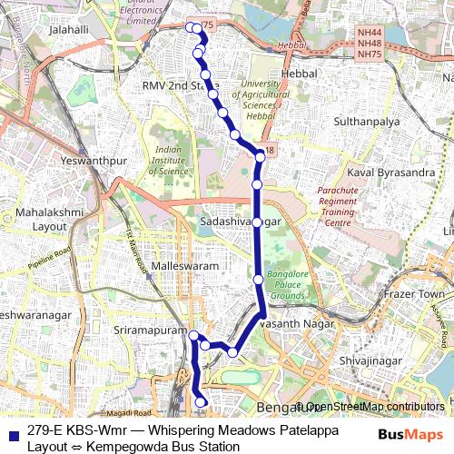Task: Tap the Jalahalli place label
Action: click(x=69, y=30)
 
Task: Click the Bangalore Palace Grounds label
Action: click(x=288, y=284)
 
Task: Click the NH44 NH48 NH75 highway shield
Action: click(x=369, y=43)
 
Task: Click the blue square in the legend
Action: click(x=13, y=429)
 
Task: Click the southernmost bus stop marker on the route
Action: click(x=202, y=400)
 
